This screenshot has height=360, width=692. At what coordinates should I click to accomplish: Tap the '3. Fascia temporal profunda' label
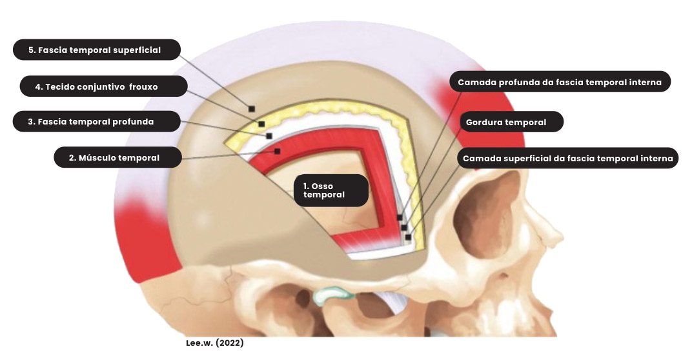click(96, 121)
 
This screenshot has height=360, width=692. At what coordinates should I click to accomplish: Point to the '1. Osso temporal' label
click(331, 190)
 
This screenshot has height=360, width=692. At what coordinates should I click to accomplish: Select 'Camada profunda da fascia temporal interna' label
click(559, 82)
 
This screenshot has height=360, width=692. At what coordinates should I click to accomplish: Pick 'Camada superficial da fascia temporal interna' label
click(567, 158)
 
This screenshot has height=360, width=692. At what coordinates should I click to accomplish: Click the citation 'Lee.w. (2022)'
click(215, 343)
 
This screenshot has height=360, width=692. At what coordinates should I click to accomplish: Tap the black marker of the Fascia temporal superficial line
click(252, 108)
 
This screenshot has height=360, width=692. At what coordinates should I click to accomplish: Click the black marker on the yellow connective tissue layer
click(261, 124)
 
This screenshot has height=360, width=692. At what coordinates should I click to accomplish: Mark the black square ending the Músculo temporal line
click(277, 151)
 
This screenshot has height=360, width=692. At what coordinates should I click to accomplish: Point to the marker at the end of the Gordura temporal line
click(404, 227)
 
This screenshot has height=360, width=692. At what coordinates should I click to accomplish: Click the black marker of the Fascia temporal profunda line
click(269, 135)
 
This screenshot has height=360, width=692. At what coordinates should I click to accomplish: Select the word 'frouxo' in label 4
click(143, 86)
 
